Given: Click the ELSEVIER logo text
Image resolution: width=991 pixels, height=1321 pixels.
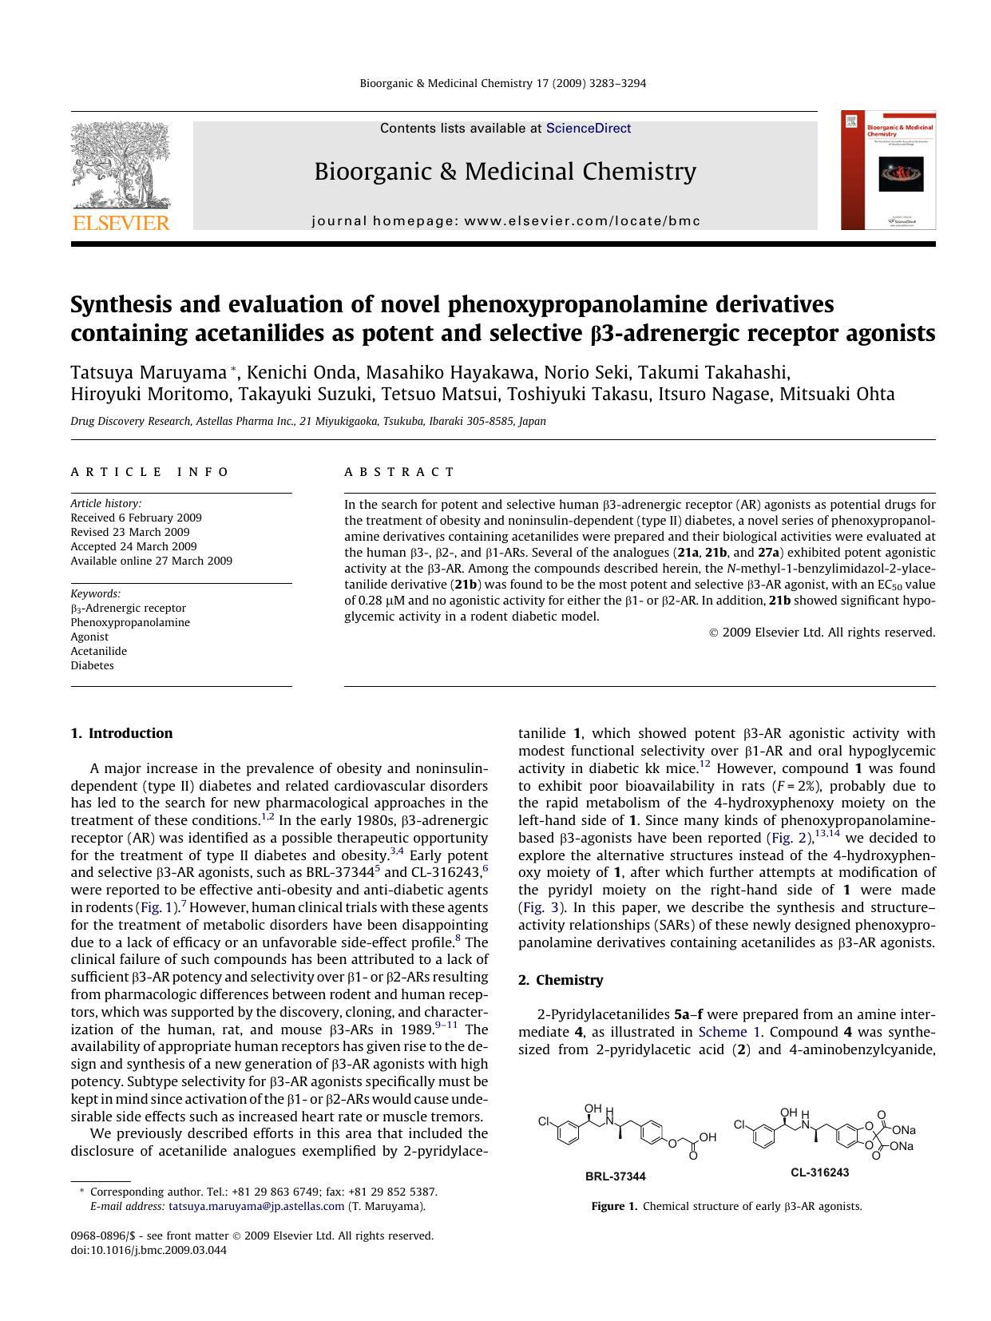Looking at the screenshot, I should point(121,223).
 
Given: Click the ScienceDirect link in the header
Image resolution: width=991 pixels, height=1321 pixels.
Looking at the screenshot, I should point(588,129).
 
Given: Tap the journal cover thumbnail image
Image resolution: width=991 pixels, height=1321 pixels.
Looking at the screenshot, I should point(888,171).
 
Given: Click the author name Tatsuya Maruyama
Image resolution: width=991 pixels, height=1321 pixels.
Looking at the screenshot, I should point(149,372).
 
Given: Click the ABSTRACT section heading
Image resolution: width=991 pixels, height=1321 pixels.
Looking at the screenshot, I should point(399,472).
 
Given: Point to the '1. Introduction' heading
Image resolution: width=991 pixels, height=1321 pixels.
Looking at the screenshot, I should point(121,733).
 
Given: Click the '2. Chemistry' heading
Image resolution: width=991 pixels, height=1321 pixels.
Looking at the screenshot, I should point(561,980).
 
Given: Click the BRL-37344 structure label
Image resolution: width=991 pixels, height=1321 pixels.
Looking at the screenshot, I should point(615,1176).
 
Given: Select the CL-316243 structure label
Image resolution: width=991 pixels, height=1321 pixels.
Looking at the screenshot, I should point(819,1172).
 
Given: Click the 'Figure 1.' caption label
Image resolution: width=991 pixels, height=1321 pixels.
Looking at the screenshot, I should point(614,1206).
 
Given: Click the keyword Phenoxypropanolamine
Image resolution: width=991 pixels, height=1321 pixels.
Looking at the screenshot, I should point(130,622).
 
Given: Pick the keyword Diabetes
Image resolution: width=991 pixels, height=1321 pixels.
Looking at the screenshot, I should point(92,665).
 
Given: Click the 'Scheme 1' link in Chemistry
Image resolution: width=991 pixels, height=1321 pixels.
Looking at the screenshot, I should point(723,1032).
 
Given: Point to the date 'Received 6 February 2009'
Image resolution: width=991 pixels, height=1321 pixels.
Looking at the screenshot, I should point(136,518).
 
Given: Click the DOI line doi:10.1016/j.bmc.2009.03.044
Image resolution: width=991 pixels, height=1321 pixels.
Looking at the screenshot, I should point(149,1250).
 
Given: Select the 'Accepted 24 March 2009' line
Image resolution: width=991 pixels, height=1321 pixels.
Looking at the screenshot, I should point(133,546).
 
